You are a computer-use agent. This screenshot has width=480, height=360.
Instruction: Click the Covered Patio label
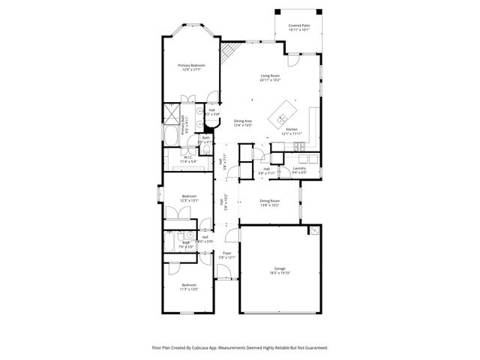[298, 25]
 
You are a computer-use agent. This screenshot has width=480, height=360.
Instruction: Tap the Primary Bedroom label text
[190, 65]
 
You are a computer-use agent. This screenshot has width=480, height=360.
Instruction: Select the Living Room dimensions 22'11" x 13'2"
[270, 80]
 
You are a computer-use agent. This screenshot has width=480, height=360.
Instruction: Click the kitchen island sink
[282, 118]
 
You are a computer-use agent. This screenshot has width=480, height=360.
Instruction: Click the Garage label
[279, 268]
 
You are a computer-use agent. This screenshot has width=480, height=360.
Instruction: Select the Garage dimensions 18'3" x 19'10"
[279, 274]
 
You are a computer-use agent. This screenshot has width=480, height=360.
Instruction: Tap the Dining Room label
[269, 200]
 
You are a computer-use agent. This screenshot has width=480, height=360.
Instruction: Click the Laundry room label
[299, 168]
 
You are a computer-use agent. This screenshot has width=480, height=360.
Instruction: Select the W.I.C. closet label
[188, 157]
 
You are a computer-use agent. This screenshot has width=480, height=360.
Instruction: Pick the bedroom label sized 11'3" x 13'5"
[189, 285]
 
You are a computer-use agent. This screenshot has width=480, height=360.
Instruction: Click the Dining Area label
[242, 121]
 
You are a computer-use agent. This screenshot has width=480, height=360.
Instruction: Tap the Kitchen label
[292, 129]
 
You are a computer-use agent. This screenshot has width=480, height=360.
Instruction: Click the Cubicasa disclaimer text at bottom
[240, 348]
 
